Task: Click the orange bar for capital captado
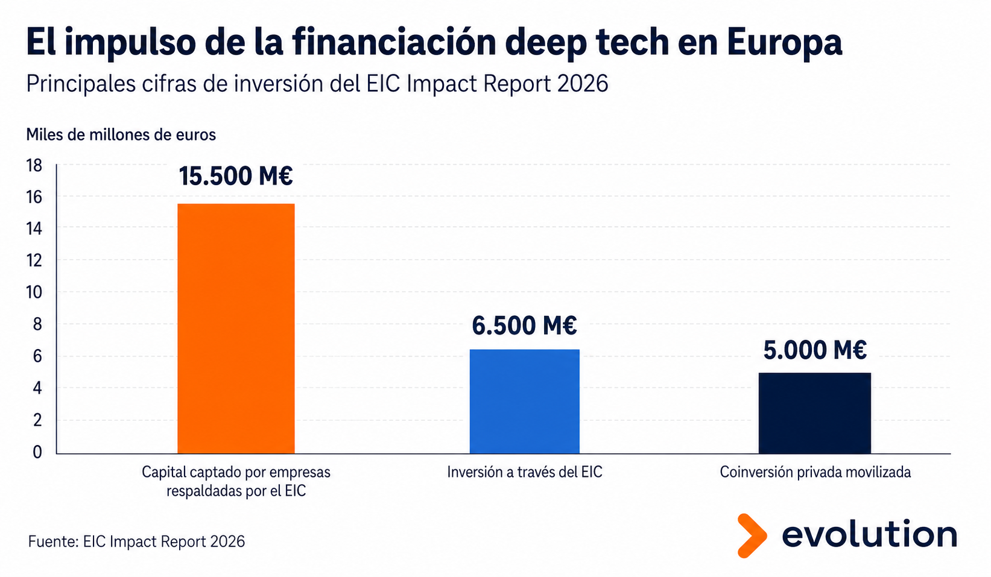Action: (236, 329)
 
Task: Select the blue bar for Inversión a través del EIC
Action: (524, 402)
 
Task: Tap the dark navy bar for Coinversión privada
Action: (814, 413)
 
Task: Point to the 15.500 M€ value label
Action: (236, 176)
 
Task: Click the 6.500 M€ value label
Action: (524, 326)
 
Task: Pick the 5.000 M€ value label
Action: (815, 350)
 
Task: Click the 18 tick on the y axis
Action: (34, 166)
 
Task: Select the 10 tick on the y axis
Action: (34, 292)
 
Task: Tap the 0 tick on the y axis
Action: (37, 452)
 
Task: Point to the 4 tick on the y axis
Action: (37, 388)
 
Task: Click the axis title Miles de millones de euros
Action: (121, 135)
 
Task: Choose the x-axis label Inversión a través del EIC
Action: (525, 472)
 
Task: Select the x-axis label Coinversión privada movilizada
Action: (815, 472)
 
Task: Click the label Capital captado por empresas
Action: (236, 472)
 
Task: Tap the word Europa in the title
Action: (784, 43)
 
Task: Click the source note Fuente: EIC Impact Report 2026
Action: (136, 541)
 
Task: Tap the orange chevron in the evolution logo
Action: (752, 535)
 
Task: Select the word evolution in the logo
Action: (869, 534)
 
